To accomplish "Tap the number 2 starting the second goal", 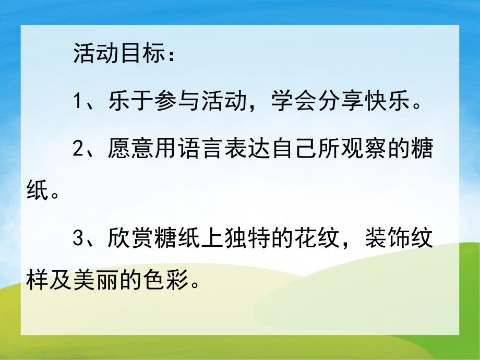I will click(x=78, y=149).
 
